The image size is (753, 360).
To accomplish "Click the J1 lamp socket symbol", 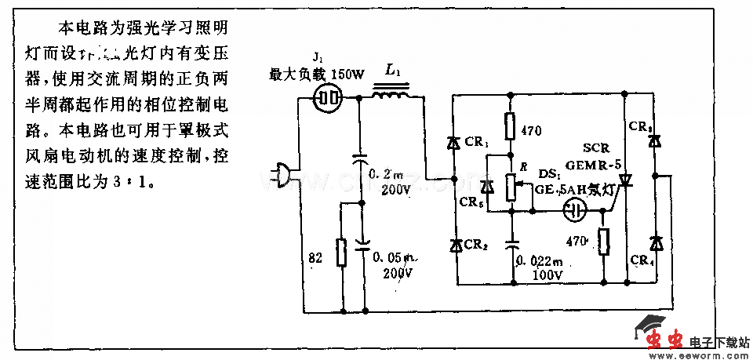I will pos(328,98).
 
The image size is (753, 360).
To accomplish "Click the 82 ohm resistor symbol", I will pos(341,253).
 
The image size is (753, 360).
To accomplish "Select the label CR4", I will pos(642,260).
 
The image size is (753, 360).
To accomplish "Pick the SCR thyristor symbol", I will pos(625,182).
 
